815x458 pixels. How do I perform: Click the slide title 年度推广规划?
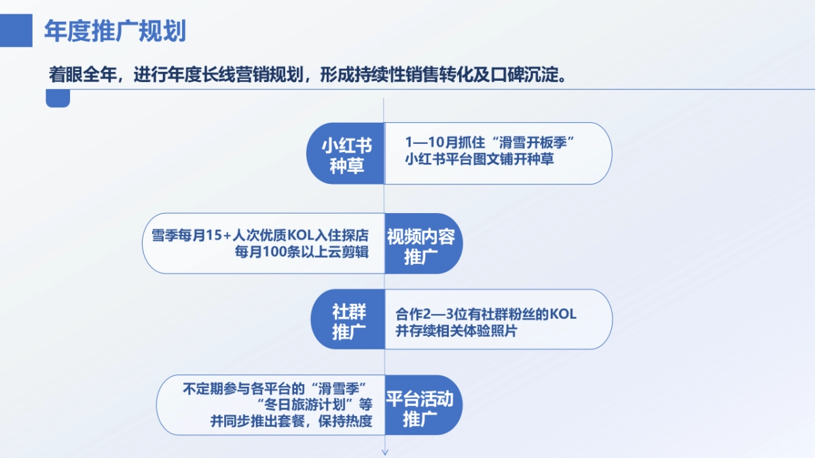(115, 31)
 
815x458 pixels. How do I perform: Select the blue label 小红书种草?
(347, 154)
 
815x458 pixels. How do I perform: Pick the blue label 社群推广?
(348, 322)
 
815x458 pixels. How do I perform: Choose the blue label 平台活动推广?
(420, 408)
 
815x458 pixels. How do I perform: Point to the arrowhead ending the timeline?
(385, 451)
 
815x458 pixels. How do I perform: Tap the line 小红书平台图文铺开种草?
(479, 160)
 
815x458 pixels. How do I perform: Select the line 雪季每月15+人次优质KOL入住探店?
(259, 235)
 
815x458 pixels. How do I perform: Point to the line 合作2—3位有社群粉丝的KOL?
(486, 314)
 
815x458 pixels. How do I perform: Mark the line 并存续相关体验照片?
(456, 332)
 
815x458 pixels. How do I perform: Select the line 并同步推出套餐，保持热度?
(291, 421)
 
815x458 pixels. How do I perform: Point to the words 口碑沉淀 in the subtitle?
(530, 74)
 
